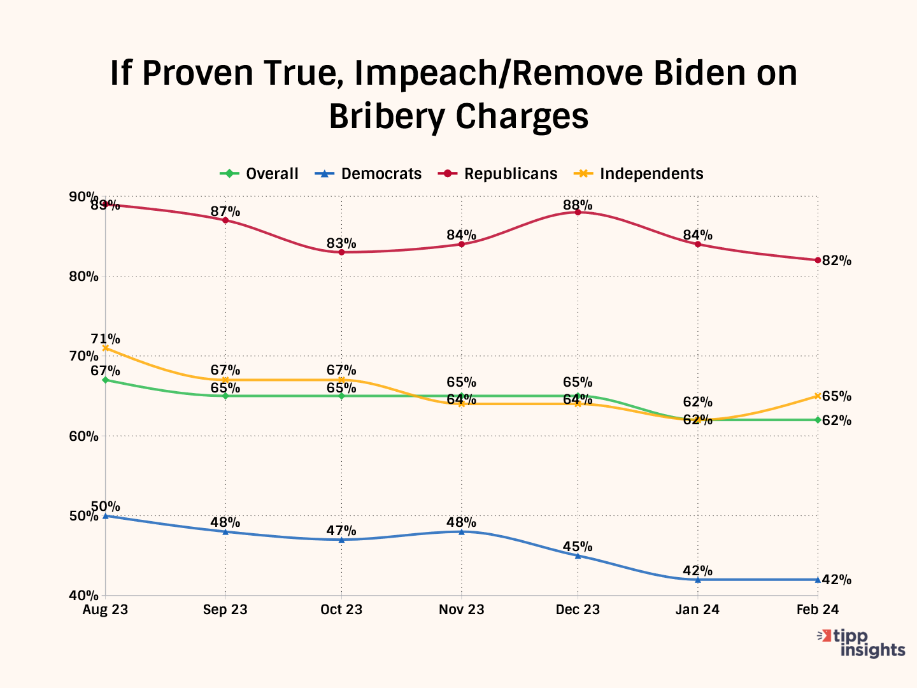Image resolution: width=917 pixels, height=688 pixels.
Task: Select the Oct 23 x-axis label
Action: tap(341, 610)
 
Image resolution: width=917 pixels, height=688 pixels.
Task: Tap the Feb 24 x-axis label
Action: tap(818, 610)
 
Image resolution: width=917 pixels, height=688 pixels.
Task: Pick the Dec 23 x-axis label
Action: tap(578, 610)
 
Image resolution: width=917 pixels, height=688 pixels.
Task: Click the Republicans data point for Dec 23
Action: tap(578, 212)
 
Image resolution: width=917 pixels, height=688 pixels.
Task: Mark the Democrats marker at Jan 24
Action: tap(698, 580)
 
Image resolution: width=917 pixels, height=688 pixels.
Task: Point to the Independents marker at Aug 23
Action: tap(106, 348)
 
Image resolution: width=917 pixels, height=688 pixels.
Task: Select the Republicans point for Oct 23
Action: tap(341, 252)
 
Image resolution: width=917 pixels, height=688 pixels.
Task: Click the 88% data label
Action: tap(578, 205)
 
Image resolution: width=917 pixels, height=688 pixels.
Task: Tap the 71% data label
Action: tap(105, 339)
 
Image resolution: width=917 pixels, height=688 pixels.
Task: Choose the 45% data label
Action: tap(578, 547)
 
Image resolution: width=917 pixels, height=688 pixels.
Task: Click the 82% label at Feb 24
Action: tap(837, 261)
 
